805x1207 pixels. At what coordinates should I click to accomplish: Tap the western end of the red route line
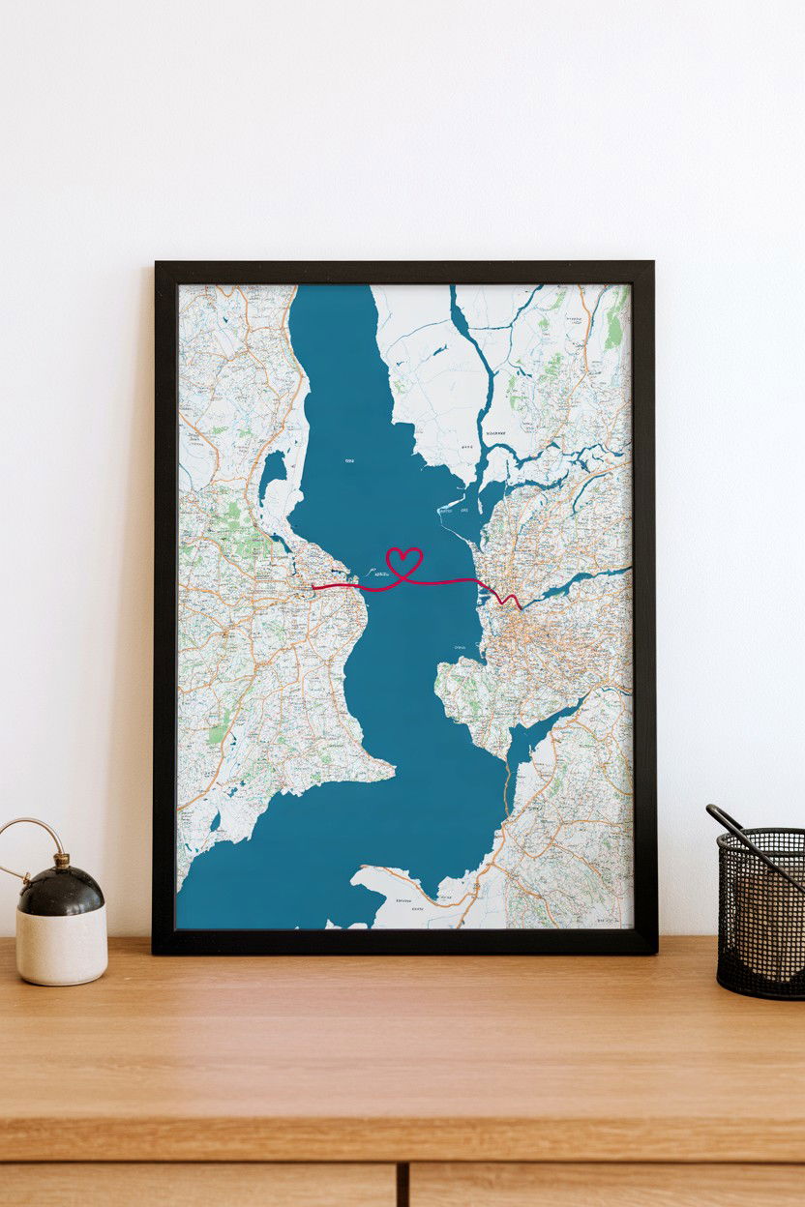pos(313,586)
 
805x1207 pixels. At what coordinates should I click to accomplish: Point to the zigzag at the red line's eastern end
pos(507,600)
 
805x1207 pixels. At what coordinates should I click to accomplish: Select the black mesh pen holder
pos(760,914)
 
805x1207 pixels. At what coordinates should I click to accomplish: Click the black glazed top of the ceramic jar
pos(61,891)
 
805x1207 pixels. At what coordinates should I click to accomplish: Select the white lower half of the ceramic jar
pos(61,948)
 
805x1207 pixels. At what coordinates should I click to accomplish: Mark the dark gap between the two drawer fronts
pos(402,1186)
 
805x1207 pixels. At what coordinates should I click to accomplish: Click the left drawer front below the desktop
pos(194,1186)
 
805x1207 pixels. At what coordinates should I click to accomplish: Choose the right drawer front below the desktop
pos(610,1186)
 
